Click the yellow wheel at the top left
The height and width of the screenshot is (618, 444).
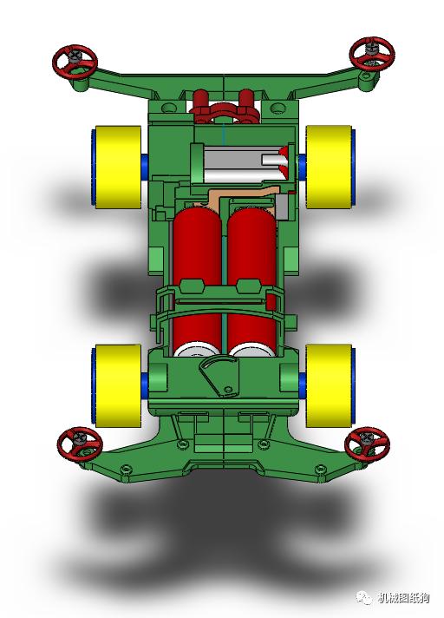[117, 167]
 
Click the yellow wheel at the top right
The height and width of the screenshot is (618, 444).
[329, 167]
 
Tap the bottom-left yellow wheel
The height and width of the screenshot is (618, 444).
[117, 385]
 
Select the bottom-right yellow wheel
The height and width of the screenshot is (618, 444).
[330, 385]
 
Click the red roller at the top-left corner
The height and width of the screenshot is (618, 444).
[75, 62]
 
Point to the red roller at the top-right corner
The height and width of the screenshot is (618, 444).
[372, 54]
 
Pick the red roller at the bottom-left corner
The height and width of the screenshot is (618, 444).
[79, 443]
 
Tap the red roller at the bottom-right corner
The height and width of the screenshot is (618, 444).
[367, 443]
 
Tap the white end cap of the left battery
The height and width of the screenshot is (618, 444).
[198, 351]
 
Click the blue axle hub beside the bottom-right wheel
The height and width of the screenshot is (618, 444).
[301, 384]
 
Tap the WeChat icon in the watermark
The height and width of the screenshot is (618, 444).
[361, 598]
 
